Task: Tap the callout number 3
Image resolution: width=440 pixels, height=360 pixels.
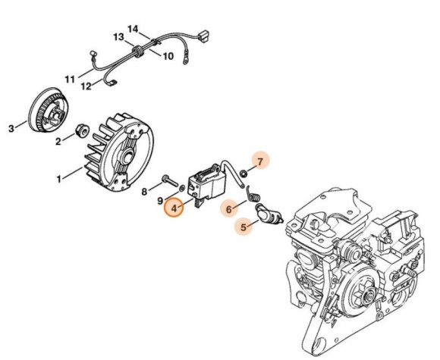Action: click(11, 129)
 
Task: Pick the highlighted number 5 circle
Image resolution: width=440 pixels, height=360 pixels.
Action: click(244, 225)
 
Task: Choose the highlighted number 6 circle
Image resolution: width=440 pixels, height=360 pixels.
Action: click(228, 207)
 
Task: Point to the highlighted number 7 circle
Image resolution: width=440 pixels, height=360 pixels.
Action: click(259, 161)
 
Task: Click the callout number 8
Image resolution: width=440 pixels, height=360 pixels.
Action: click(145, 192)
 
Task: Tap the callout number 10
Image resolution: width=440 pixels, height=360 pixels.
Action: click(168, 55)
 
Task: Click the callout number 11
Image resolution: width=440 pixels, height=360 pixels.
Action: click(70, 78)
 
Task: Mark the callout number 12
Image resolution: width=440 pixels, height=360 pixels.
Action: click(87, 86)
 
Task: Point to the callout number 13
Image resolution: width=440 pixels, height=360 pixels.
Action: click(119, 37)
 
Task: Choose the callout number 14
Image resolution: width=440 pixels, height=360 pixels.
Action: click(133, 29)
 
